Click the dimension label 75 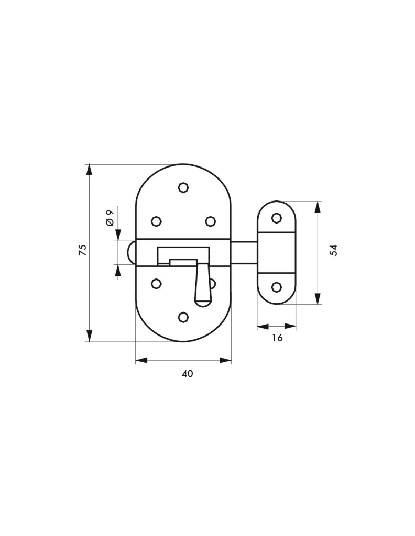click(x=83, y=250)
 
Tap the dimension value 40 click(x=187, y=374)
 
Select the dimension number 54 click(x=334, y=250)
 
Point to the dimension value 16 click(x=278, y=338)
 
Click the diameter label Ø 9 click(x=110, y=218)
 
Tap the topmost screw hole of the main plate click(x=184, y=187)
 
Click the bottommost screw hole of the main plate click(x=184, y=317)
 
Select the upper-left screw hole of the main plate click(x=156, y=221)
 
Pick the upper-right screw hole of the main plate click(x=211, y=221)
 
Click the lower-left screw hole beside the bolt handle click(x=156, y=283)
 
